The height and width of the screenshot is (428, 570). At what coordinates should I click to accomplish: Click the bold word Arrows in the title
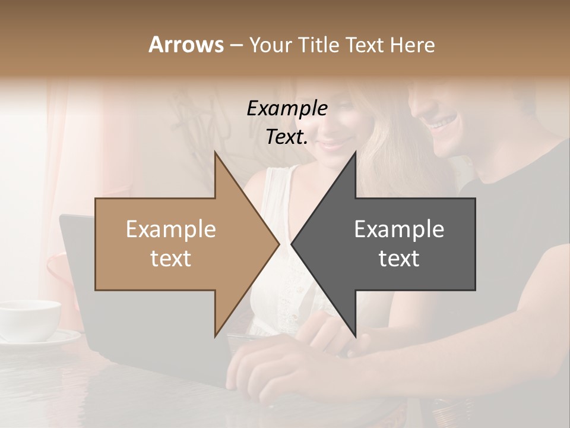pyautogui.click(x=186, y=45)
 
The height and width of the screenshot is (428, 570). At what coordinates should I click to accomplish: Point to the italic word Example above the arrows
pyautogui.click(x=287, y=109)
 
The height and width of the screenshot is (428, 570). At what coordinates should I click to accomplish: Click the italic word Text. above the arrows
pyautogui.click(x=287, y=137)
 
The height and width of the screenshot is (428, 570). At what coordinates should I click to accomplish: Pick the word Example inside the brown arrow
pyautogui.click(x=171, y=229)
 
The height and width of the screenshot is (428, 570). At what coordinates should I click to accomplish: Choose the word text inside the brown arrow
pyautogui.click(x=171, y=259)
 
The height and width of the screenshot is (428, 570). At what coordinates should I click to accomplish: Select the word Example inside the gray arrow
pyautogui.click(x=399, y=229)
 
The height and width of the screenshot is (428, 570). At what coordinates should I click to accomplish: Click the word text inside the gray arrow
pyautogui.click(x=399, y=259)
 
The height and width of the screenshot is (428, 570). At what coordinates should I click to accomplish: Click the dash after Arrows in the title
pyautogui.click(x=236, y=45)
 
